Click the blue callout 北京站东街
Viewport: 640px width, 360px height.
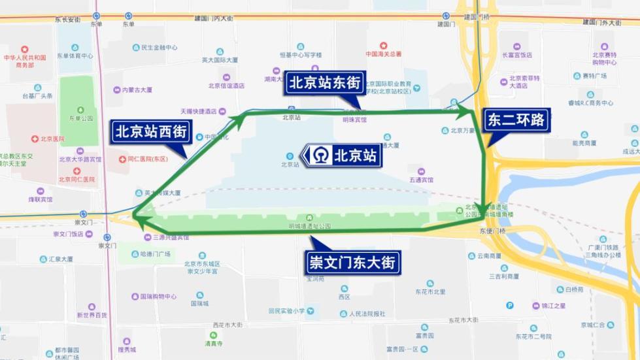[x=324, y=84]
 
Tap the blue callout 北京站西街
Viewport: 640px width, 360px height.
[x=152, y=131]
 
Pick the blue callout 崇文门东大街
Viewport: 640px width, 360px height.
[x=352, y=263]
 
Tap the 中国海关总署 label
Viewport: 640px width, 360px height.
[x=384, y=54]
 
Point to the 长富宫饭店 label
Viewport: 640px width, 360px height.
[x=517, y=56]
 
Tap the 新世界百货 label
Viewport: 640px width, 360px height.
[x=92, y=315]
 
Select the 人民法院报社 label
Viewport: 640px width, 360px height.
[x=367, y=314]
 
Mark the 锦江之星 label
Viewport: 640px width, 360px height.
[x=553, y=305]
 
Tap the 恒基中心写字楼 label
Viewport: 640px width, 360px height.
[x=301, y=55]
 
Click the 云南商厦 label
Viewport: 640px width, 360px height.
[x=488, y=256]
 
